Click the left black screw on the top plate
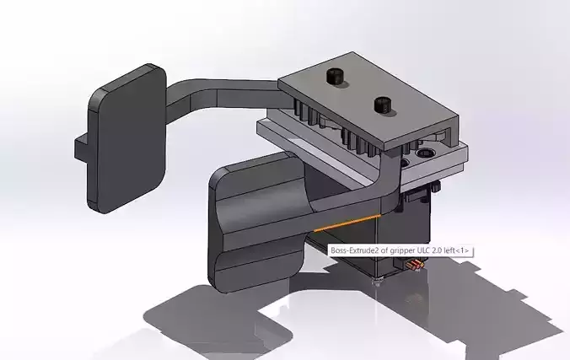tap(333, 78)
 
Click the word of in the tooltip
tap(384, 250)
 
